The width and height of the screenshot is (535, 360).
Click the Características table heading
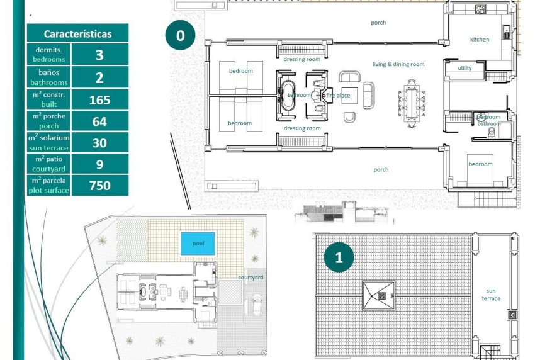[x=77, y=34]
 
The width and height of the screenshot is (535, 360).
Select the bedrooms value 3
[x=99, y=55]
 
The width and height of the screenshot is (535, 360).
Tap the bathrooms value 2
[x=99, y=77]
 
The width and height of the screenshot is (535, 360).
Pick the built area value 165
[x=99, y=99]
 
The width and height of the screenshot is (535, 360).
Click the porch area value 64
[x=99, y=121]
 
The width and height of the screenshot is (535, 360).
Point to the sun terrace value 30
[x=99, y=143]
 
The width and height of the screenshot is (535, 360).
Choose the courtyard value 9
[x=99, y=164]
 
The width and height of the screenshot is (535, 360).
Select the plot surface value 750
[x=99, y=186]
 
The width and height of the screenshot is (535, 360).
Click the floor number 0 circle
[x=181, y=36]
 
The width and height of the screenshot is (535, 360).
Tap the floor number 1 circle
[x=340, y=257]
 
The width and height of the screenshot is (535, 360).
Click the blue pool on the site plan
[x=198, y=244]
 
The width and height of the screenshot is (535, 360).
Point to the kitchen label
[x=480, y=40]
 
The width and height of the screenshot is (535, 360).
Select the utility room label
[x=465, y=68]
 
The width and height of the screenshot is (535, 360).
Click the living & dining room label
[x=398, y=64]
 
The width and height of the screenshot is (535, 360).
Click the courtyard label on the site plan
[x=251, y=278]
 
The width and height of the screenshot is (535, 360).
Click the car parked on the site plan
[x=257, y=306]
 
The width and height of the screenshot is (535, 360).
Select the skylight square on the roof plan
[x=378, y=295]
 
